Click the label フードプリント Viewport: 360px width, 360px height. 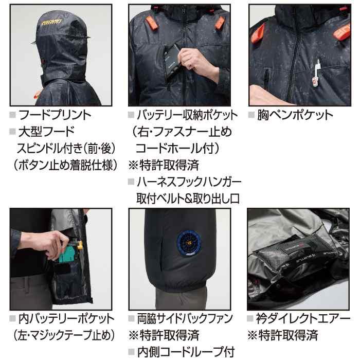coord(53,115)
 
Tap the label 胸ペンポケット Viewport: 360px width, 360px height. coord(295,115)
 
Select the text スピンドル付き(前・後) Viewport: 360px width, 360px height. coord(65,149)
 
